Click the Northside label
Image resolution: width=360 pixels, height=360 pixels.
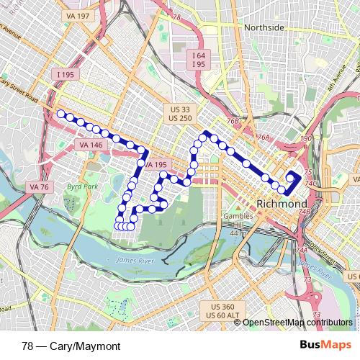tap(265, 27)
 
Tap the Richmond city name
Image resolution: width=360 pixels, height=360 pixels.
tap(282, 204)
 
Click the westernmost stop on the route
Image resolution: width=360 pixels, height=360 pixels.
tap(61, 114)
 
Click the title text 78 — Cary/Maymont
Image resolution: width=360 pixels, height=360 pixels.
tap(71, 345)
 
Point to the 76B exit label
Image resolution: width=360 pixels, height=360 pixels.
tap(232, 122)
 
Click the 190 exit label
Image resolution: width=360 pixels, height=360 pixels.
tap(306, 139)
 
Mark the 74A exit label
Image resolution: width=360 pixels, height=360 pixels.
tap(300, 250)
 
